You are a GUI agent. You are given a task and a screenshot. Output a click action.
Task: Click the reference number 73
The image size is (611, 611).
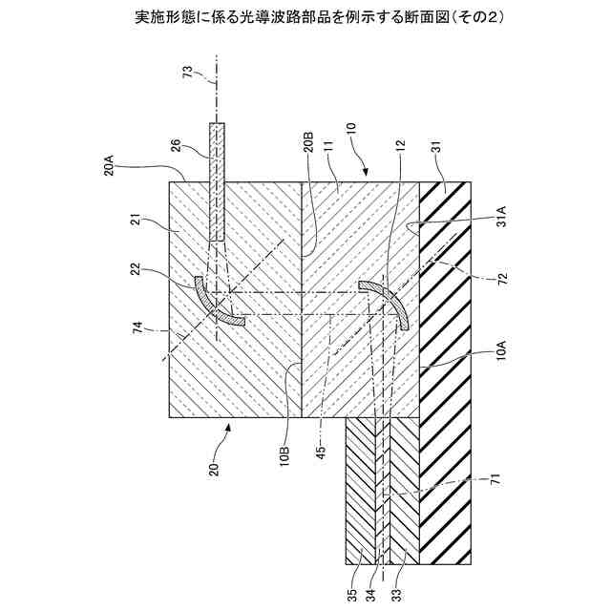pyautogui.click(x=187, y=74)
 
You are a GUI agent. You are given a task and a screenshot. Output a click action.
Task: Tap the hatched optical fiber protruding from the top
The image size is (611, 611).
pyautogui.click(x=218, y=181)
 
